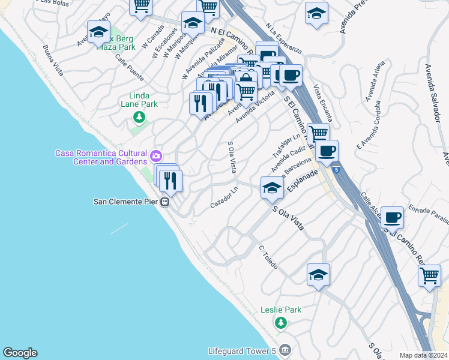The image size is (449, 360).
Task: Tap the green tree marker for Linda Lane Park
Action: [x=139, y=117]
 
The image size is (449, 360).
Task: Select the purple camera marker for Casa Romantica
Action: [x=156, y=156]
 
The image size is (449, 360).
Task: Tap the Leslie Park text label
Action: [x=281, y=310]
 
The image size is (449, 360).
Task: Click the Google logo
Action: [x=20, y=353]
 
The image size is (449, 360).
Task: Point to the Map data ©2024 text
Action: [x=423, y=355]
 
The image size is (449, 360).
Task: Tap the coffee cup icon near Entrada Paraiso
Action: [x=392, y=217]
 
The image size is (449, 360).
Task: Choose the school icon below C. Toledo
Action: [x=318, y=275]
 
